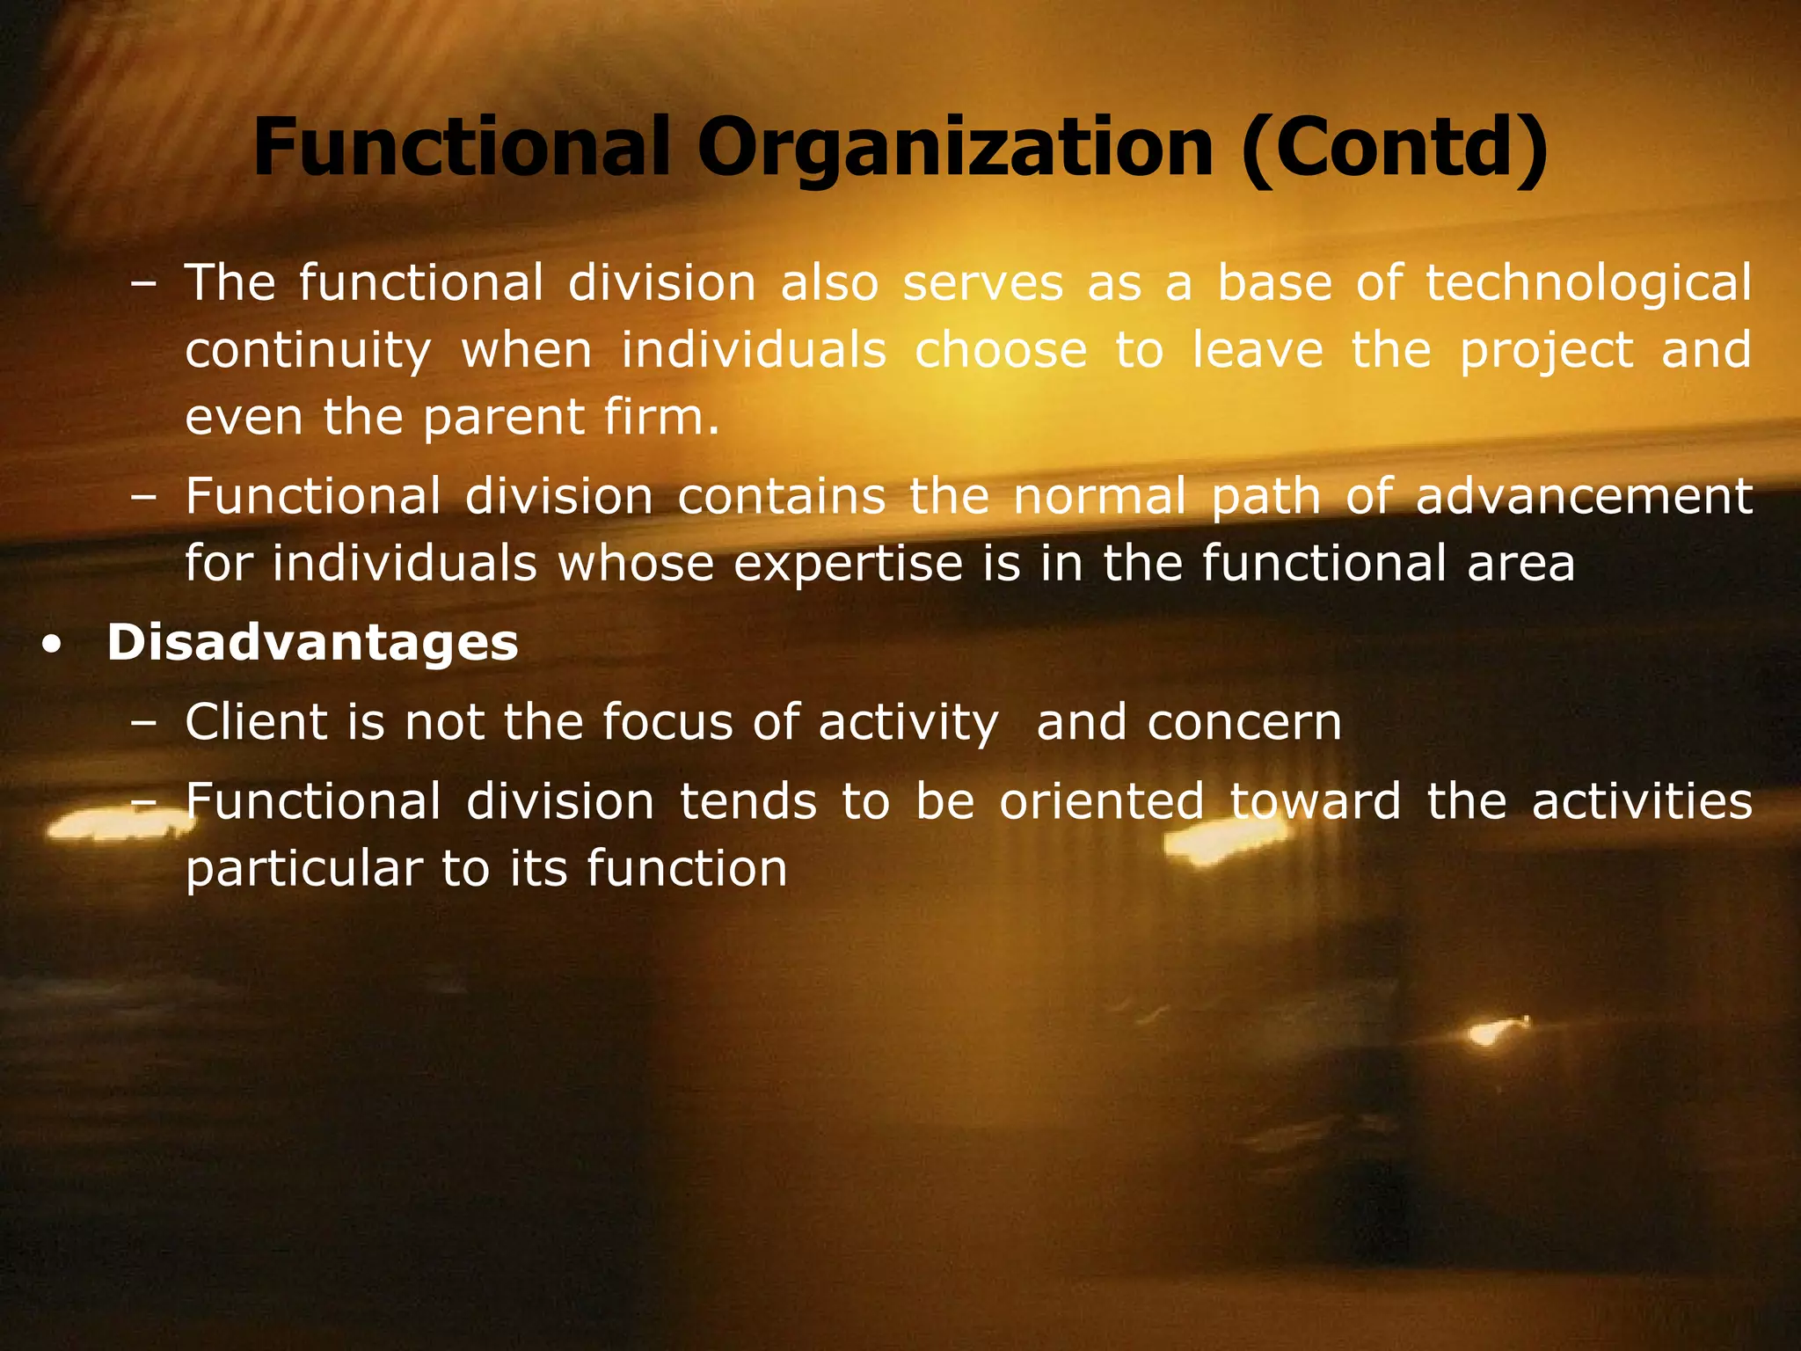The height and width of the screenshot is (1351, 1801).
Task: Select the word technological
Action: [x=1588, y=283]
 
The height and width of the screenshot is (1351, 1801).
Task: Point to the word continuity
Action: [x=308, y=350]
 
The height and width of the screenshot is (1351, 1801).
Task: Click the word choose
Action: [x=1001, y=350]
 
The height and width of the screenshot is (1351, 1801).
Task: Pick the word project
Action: [x=1546, y=350]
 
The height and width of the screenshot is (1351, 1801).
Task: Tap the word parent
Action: [x=504, y=417]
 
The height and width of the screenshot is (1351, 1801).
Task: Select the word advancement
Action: [x=1584, y=496]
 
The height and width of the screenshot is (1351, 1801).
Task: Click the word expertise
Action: [x=849, y=563]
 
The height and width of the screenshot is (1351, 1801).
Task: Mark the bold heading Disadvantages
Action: [x=312, y=642]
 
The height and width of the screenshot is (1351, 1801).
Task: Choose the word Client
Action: [x=255, y=722]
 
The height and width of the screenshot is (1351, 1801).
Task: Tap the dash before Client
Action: [x=142, y=724]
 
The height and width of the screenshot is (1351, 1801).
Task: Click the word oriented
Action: [x=1101, y=801]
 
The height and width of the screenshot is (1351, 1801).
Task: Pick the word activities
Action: [x=1642, y=801]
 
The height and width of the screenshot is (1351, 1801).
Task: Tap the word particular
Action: [x=304, y=869]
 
